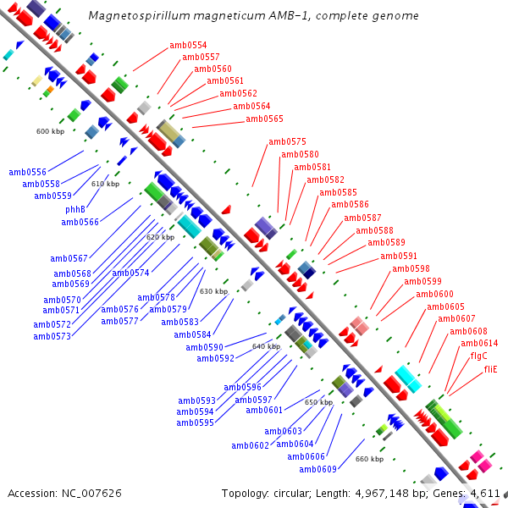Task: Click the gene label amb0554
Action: click(x=188, y=45)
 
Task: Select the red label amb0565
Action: click(x=264, y=119)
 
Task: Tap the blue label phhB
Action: click(x=75, y=209)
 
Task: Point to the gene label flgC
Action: click(x=478, y=356)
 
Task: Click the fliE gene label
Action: click(x=490, y=369)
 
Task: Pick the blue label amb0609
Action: click(x=317, y=469)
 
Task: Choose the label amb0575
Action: click(x=287, y=141)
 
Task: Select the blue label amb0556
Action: click(x=28, y=171)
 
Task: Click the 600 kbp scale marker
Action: click(x=50, y=131)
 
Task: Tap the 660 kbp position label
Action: click(x=369, y=459)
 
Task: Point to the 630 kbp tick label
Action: click(x=213, y=291)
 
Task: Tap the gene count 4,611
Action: click(x=486, y=493)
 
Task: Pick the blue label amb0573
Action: click(x=52, y=336)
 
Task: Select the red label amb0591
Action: click(x=398, y=255)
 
